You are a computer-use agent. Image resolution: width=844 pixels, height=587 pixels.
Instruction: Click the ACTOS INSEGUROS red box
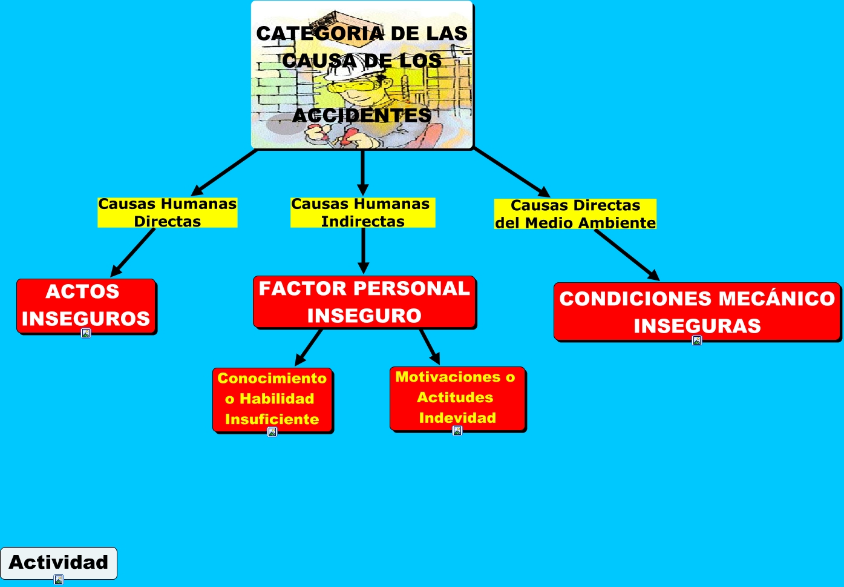86,305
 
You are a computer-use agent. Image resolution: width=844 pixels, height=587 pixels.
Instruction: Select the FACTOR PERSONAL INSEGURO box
364,302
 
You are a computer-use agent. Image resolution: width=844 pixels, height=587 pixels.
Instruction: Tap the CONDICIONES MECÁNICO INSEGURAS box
697,311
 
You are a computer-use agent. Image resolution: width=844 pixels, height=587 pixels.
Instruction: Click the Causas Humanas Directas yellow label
168,213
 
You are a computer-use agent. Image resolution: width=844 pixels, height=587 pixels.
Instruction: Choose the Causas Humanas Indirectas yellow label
362,213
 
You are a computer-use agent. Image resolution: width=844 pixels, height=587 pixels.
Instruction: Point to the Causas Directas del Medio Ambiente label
575,214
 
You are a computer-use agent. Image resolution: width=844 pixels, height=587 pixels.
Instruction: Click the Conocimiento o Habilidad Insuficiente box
272,398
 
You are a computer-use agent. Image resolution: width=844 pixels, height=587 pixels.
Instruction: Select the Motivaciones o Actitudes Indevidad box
457,397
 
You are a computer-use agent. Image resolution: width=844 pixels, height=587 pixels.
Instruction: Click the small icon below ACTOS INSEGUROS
86,333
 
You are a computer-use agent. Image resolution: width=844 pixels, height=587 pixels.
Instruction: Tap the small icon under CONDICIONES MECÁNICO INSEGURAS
697,340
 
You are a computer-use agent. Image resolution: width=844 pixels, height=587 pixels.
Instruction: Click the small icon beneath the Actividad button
59,580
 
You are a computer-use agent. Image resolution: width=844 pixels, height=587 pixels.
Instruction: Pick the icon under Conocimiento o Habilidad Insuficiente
272,432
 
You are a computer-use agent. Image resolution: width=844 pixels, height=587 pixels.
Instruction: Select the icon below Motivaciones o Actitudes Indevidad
457,431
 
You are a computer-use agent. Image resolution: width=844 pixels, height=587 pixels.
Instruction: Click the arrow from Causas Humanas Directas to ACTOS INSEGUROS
133,253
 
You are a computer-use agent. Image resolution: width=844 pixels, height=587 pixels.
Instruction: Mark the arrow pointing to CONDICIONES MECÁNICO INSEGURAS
626,255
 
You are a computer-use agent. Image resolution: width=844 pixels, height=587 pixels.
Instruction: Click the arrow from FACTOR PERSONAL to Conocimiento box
309,348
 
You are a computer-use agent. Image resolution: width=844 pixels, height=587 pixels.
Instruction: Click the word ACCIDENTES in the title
362,115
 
